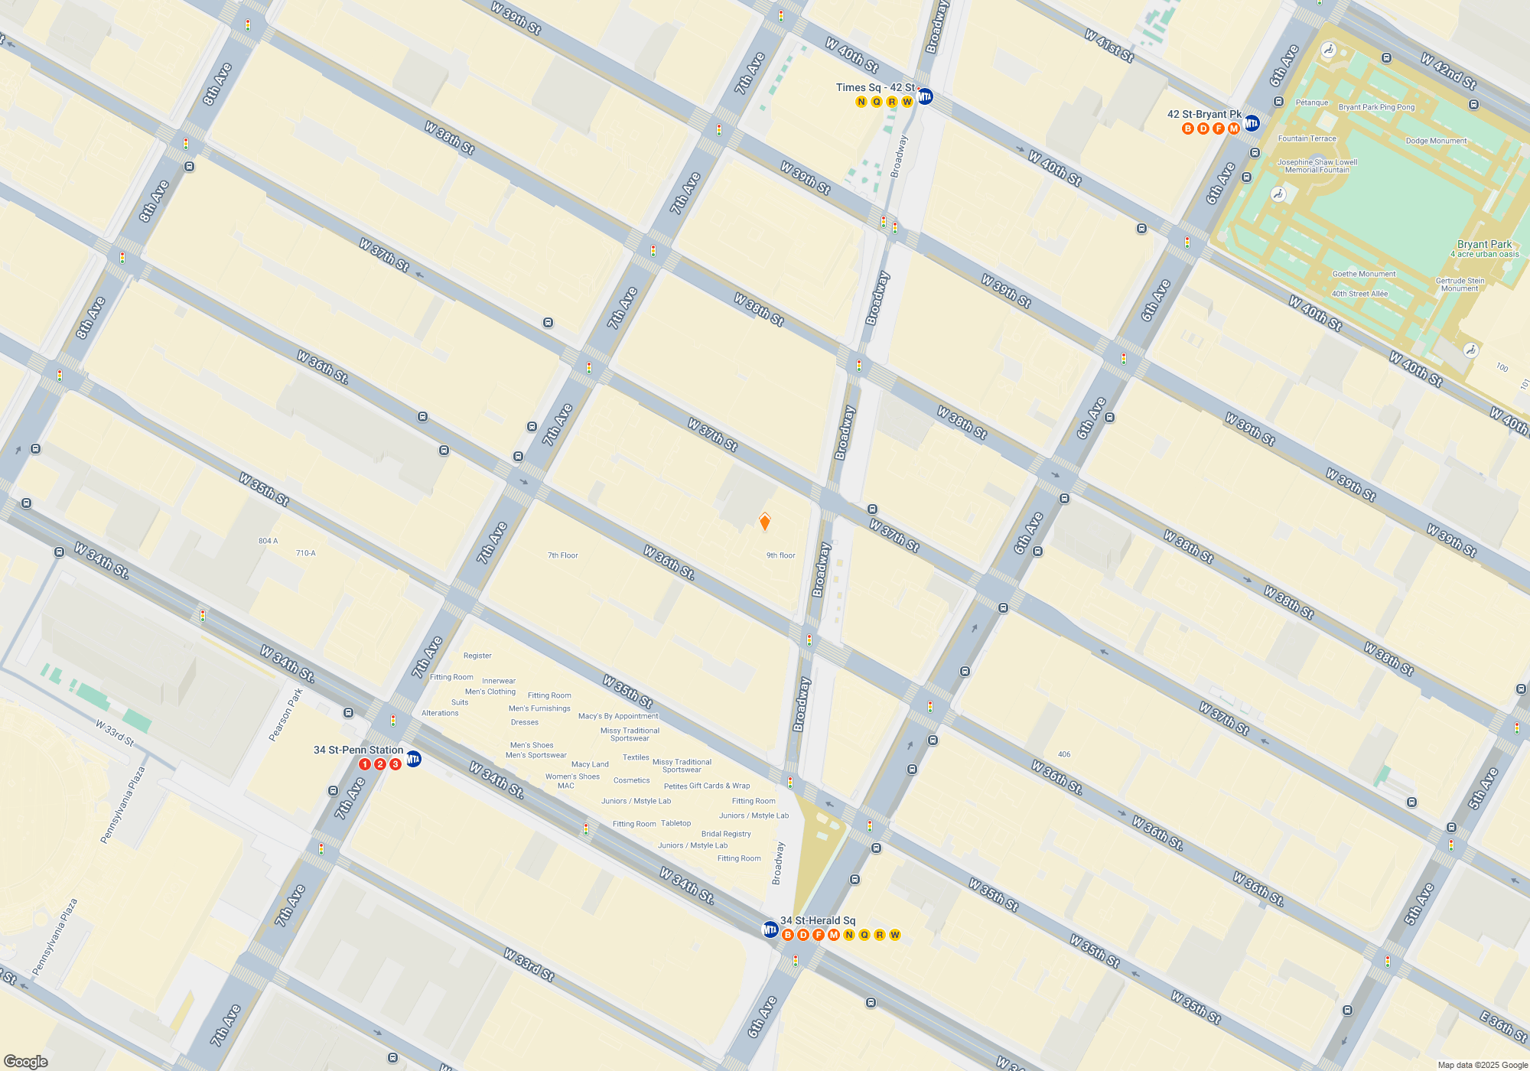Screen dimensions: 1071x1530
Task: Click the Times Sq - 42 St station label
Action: (875, 88)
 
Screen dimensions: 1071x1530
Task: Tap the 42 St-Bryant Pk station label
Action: (1204, 115)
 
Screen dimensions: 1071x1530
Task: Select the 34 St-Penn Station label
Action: (358, 750)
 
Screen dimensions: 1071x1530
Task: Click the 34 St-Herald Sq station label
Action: (818, 921)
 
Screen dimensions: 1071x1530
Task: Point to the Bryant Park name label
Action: (1484, 245)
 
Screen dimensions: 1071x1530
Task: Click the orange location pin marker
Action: (764, 522)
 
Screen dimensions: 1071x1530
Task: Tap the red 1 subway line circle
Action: (365, 764)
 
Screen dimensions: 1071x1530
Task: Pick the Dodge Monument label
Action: (1436, 141)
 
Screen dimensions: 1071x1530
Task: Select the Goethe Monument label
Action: (1364, 274)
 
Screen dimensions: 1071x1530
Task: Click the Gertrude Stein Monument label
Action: (1460, 285)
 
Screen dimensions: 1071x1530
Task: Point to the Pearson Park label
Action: (286, 715)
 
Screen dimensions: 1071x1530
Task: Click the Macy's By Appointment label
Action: (618, 716)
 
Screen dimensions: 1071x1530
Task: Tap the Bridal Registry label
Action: (726, 834)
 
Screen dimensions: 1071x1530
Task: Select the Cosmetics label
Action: (631, 780)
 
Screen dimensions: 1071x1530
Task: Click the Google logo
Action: (26, 1062)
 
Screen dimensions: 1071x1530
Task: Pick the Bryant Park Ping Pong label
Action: (1376, 107)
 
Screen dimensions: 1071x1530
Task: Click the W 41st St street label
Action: (1109, 46)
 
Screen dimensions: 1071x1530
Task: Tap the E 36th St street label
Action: (1503, 1027)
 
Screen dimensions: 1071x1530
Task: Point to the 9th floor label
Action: (781, 555)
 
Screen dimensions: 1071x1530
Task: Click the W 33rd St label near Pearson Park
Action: (115, 733)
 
